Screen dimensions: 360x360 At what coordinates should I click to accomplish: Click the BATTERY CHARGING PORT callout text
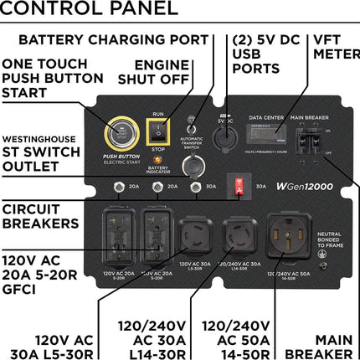coord(112,39)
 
